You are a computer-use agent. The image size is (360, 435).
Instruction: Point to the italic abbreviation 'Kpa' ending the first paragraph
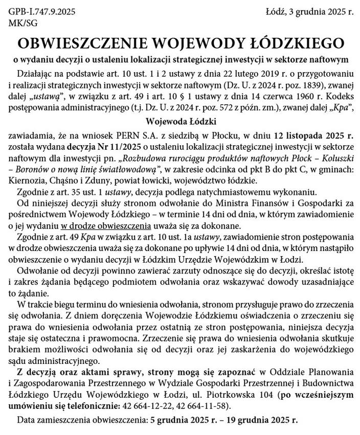tap(342, 107)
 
